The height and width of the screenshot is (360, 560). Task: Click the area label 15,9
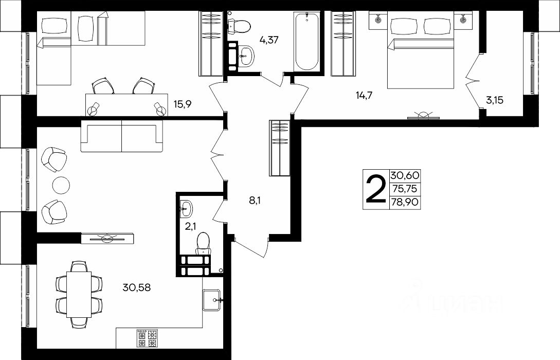click(x=183, y=104)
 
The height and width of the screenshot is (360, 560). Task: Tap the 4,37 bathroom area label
click(x=268, y=40)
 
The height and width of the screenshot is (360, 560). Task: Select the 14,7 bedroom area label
click(x=364, y=95)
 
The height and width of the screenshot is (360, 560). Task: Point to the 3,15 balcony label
click(x=494, y=100)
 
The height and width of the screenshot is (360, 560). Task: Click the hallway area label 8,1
click(x=255, y=201)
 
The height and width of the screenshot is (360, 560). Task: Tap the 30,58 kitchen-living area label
click(x=136, y=287)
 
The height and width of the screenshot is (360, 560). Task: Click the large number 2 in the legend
click(x=376, y=189)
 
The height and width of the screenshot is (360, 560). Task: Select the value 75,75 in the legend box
click(x=405, y=189)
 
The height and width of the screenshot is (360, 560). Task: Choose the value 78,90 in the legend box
click(x=405, y=202)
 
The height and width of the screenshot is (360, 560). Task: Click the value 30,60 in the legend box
click(x=405, y=176)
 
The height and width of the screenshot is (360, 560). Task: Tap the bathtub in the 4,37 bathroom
click(x=307, y=41)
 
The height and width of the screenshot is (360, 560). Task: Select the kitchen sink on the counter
click(x=212, y=300)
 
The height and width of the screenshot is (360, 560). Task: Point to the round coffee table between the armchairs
click(x=61, y=185)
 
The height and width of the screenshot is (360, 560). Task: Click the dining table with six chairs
click(x=79, y=294)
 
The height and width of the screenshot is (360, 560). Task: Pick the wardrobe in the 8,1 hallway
click(x=279, y=148)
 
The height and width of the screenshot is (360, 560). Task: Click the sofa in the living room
click(x=122, y=136)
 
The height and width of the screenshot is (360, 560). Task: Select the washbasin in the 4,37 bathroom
click(x=246, y=56)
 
